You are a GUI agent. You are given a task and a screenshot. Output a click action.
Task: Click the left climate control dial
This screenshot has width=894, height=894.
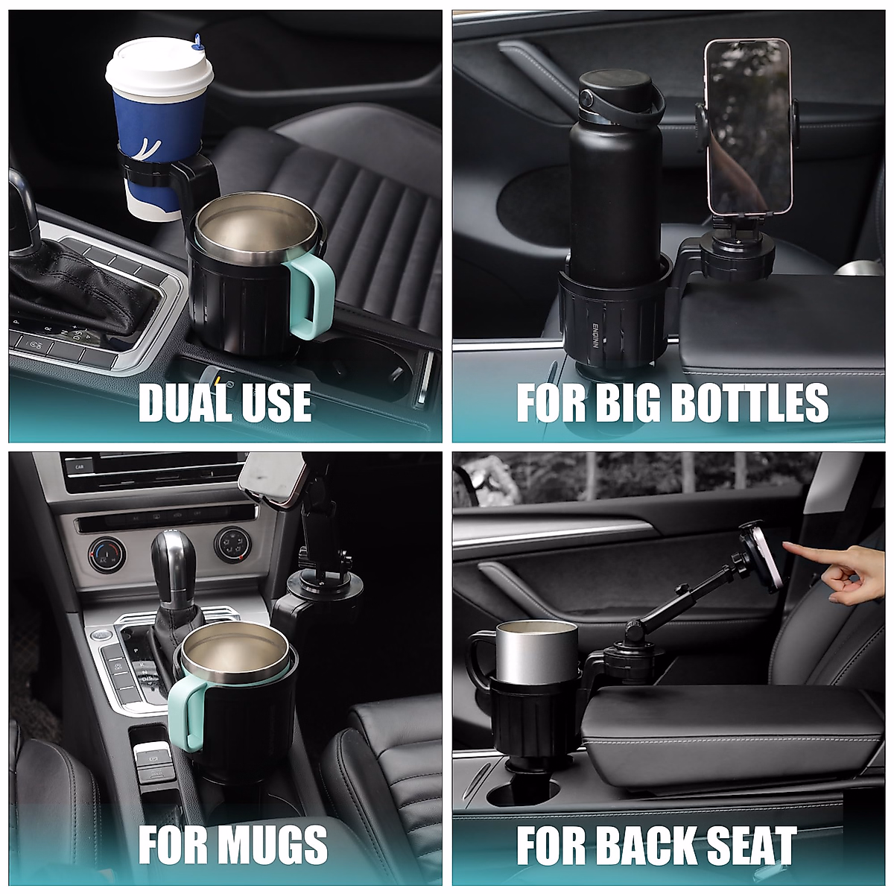coord(102,554)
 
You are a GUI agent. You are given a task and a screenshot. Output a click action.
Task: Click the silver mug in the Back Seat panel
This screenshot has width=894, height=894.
coord(536,648)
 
